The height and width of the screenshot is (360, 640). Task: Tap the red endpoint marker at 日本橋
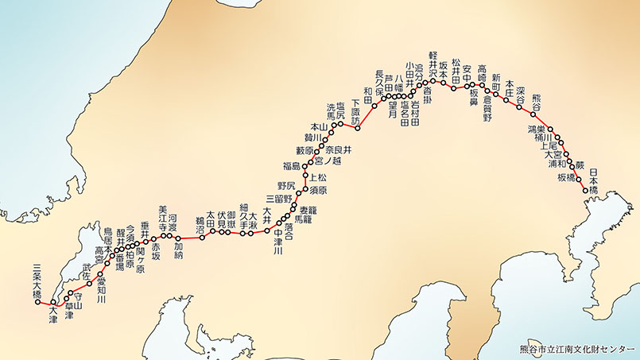pos(585,191)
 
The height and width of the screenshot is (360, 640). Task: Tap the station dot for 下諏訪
pos(359,128)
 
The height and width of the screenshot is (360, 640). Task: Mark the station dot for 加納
pos(179,237)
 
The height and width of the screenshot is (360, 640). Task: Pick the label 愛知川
pos(102,285)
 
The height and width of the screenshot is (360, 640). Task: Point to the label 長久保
pos(380,83)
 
